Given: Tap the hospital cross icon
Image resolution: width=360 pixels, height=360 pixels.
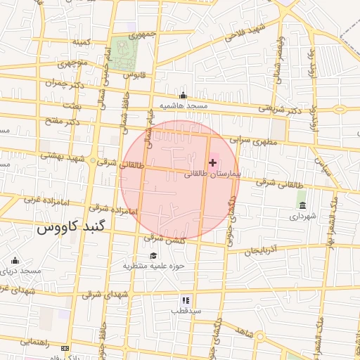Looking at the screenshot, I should pyautogui.click(x=213, y=162).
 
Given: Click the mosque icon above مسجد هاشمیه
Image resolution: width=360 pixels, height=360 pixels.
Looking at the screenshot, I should pyautogui.click(x=184, y=96).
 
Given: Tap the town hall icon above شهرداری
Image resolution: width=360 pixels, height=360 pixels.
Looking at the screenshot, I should pyautogui.click(x=302, y=205).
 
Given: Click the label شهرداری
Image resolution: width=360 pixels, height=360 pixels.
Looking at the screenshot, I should pyautogui.click(x=304, y=217).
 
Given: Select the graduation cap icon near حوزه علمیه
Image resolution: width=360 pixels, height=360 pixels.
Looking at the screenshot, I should pyautogui.click(x=153, y=255).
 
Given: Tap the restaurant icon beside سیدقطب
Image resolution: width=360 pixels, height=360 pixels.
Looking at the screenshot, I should pyautogui.click(x=185, y=299).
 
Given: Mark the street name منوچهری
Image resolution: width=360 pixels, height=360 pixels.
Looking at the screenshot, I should pyautogui.click(x=70, y=64).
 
